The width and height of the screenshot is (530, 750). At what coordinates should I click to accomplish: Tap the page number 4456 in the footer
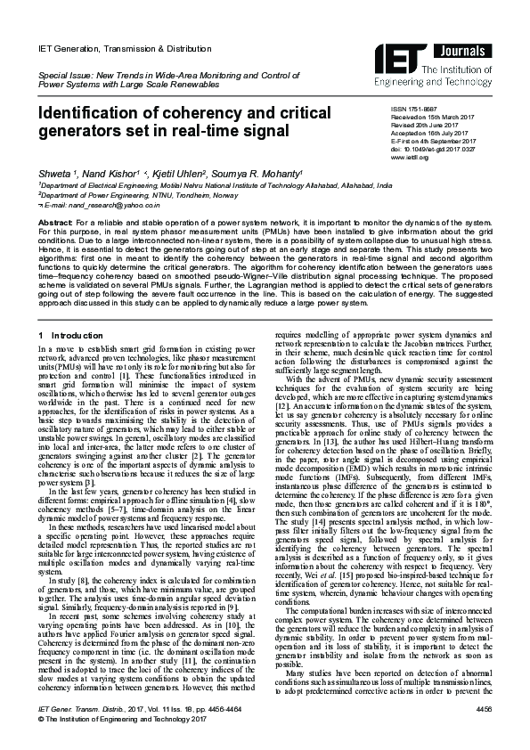[x=484, y=732]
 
